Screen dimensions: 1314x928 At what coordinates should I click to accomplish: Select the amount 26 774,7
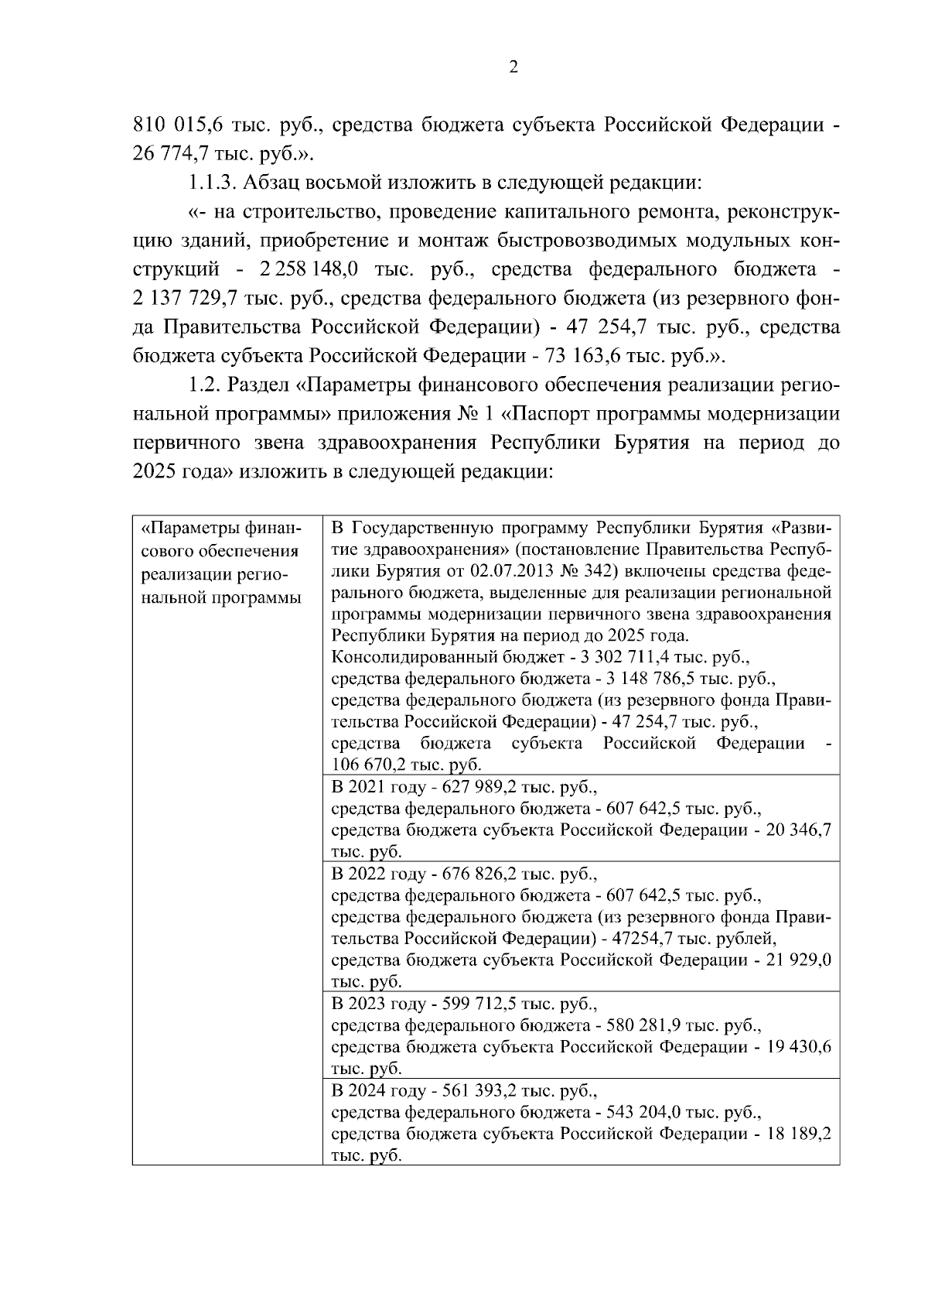click(169, 153)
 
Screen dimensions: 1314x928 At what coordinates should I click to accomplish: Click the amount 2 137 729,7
click(185, 298)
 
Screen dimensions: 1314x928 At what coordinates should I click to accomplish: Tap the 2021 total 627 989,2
click(479, 787)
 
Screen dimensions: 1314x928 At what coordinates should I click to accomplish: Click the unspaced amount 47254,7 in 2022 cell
click(639, 938)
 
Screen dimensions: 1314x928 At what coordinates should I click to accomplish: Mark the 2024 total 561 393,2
click(479, 1090)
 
